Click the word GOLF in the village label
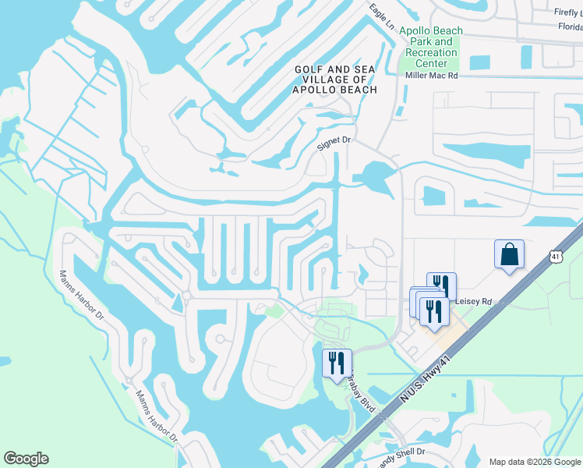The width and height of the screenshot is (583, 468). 308,69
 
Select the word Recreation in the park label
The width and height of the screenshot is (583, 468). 431,52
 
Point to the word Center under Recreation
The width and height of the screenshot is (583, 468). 431,63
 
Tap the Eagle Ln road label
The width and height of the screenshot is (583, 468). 382,16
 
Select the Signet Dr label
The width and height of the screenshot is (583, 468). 336,143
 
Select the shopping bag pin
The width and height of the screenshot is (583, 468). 509,254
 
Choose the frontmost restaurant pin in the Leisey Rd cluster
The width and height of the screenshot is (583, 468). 434,310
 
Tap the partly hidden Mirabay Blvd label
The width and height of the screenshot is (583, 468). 362,394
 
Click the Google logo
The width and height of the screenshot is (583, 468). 26,459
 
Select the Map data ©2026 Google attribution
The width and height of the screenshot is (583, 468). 534,462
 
